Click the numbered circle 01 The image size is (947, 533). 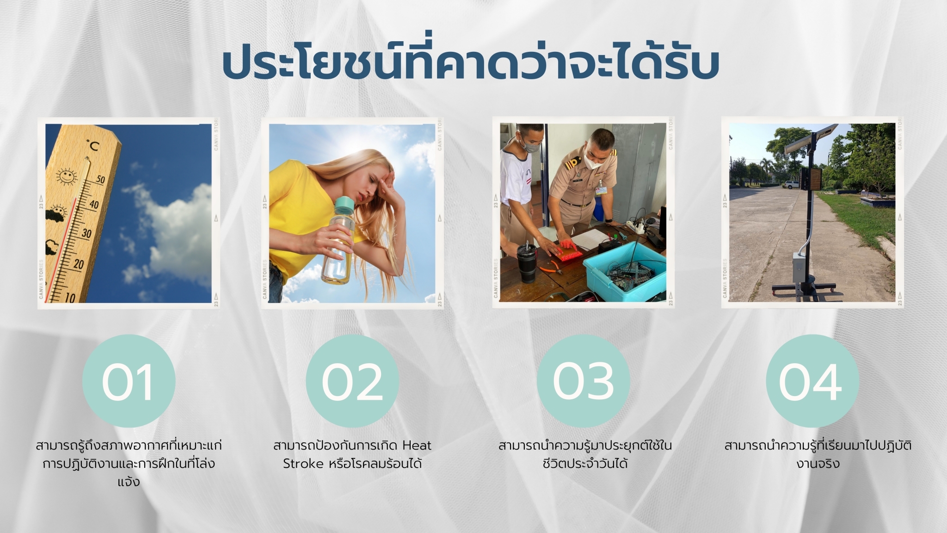coord(129,381)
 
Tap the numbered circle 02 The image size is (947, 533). coord(352,381)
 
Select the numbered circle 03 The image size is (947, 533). coord(584,381)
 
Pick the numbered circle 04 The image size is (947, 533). coord(812,381)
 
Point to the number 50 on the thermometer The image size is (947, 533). coord(100,179)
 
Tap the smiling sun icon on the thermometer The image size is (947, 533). coord(66,176)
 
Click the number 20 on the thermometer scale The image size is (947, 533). coord(79,264)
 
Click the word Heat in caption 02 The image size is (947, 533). coord(417,446)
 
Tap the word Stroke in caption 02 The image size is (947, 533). coord(303,464)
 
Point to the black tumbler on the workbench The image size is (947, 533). coord(528,263)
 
